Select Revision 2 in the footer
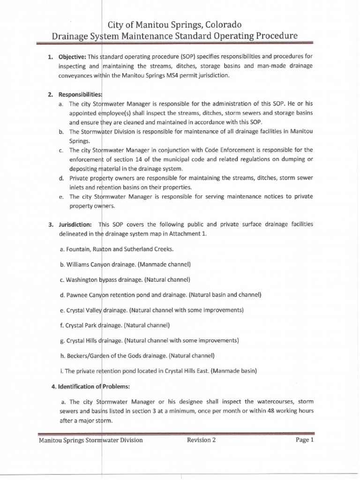click(x=201, y=440)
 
